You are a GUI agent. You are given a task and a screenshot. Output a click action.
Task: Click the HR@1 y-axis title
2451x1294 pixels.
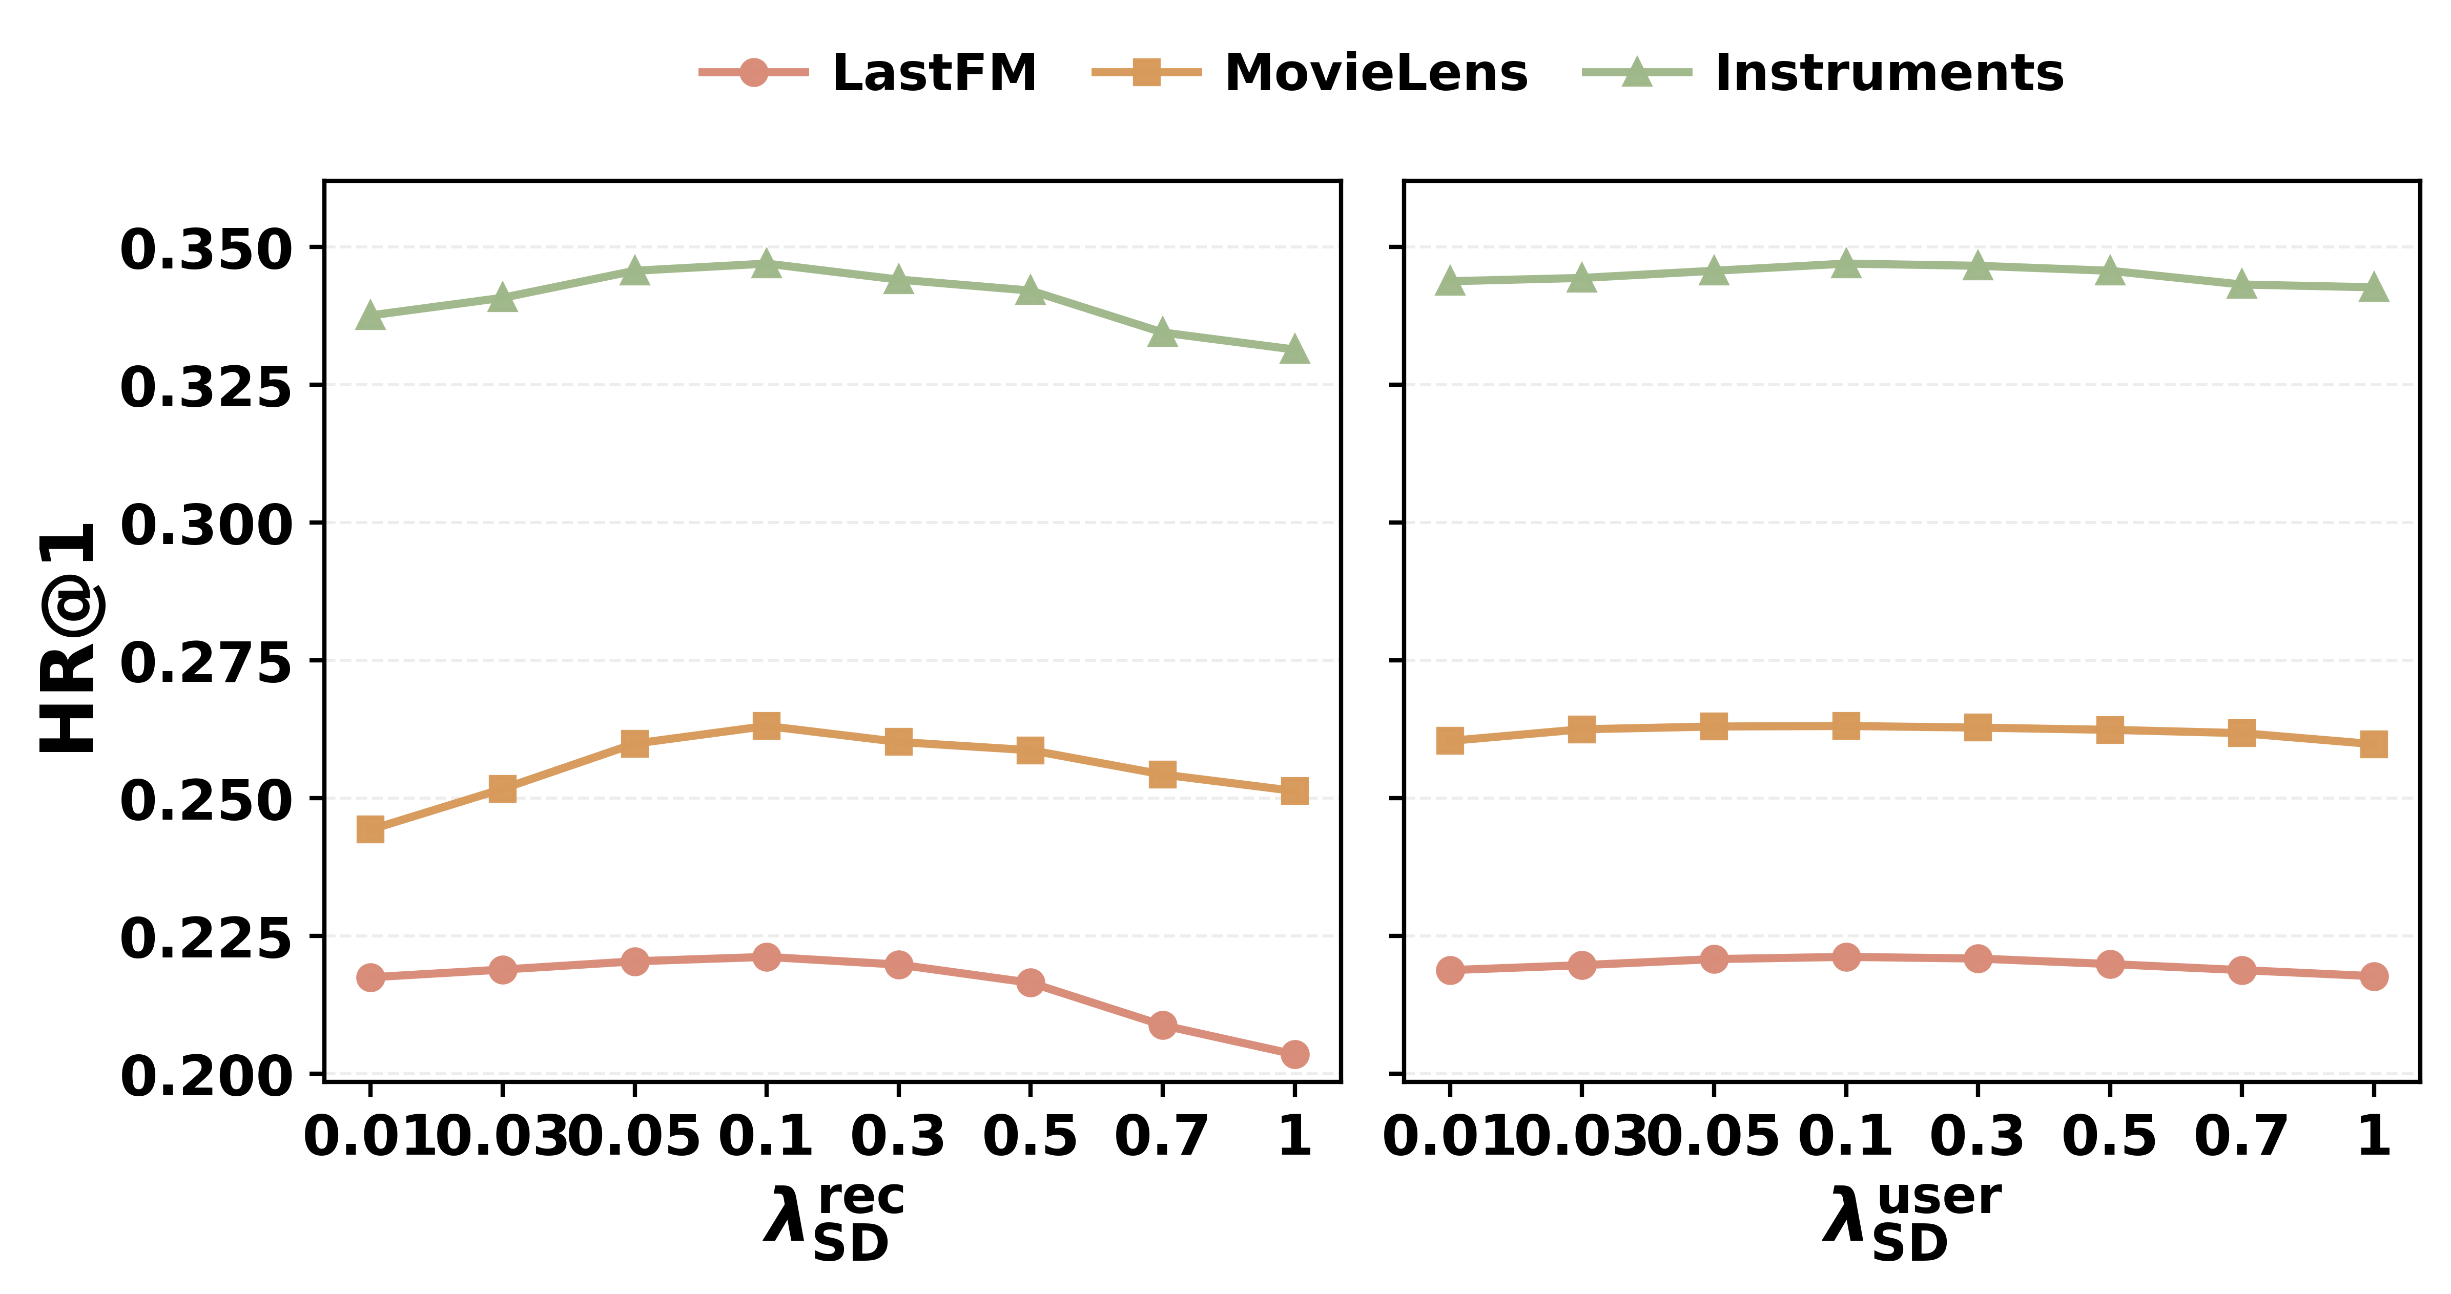click(x=69, y=637)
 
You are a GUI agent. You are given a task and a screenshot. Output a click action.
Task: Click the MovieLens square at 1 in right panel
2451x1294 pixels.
click(x=2374, y=743)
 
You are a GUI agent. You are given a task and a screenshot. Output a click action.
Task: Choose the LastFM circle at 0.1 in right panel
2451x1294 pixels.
click(x=1846, y=957)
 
